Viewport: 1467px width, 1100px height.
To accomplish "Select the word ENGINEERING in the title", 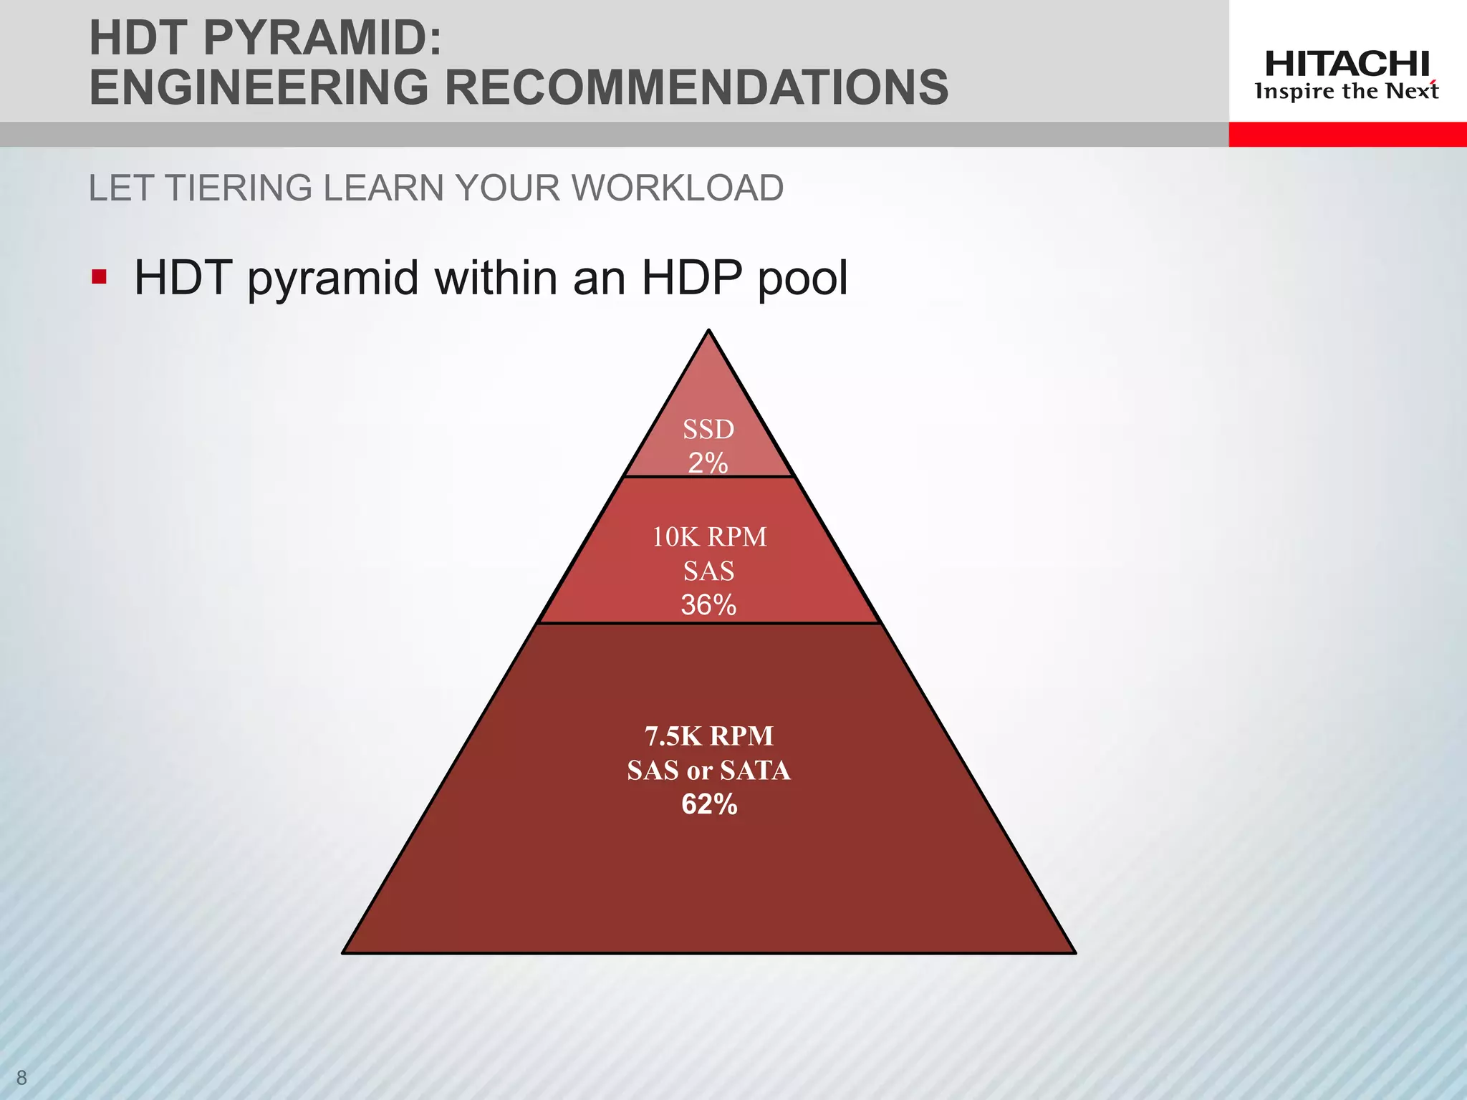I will pyautogui.click(x=258, y=87).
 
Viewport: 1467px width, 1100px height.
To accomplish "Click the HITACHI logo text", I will pyautogui.click(x=1347, y=64).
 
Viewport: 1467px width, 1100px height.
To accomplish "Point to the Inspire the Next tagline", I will pyautogui.click(x=1347, y=92).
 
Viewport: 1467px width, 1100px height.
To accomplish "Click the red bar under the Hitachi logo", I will pyautogui.click(x=1347, y=134).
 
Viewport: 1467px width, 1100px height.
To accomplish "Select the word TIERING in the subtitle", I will pyautogui.click(x=239, y=188).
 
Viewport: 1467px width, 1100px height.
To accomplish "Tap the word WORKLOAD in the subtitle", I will pyautogui.click(x=677, y=188).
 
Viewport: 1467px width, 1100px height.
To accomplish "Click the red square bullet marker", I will pyautogui.click(x=99, y=276).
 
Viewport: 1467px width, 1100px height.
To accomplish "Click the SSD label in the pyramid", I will pyautogui.click(x=708, y=430).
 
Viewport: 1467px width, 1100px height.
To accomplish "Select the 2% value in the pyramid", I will pyautogui.click(x=708, y=463).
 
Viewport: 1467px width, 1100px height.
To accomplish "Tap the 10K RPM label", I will pyautogui.click(x=709, y=537).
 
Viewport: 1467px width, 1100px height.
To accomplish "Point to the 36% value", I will pyautogui.click(x=708, y=605).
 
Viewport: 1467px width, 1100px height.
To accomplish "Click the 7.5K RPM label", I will pyautogui.click(x=709, y=736).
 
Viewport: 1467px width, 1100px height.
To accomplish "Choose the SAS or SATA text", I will pyautogui.click(x=709, y=771).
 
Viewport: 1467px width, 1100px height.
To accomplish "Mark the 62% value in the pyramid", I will pyautogui.click(x=709, y=805).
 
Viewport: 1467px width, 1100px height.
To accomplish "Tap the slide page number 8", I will pyautogui.click(x=21, y=1077).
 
